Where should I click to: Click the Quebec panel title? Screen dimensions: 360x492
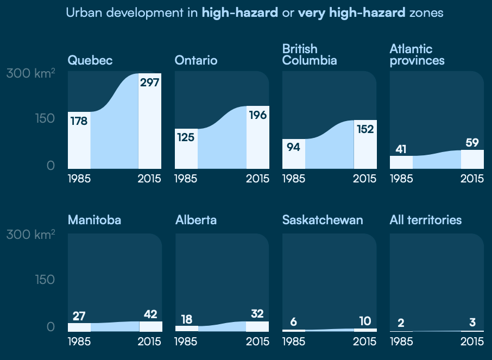90,60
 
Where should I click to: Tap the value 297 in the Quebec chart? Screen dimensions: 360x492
150,83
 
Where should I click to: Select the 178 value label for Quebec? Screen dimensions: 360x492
79,121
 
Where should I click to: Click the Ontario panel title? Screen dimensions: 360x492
196,60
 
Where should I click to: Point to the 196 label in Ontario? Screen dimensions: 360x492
257,115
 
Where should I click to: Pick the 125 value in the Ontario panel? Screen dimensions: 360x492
186,137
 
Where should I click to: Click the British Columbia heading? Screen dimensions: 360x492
310,55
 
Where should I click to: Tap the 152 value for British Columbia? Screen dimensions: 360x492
365,129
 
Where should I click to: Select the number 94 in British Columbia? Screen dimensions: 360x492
293,147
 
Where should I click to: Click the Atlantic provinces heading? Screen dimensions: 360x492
417,55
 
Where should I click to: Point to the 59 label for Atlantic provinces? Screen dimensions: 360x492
472,143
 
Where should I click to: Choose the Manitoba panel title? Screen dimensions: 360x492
94,220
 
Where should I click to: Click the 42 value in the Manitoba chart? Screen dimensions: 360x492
150,314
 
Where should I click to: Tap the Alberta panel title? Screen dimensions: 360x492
196,220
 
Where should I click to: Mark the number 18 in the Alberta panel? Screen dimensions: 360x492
186,319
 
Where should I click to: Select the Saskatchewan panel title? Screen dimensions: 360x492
323,220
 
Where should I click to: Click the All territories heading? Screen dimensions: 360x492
426,220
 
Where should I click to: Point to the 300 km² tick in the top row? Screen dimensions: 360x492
31,74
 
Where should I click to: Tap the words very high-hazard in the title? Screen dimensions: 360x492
351,12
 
